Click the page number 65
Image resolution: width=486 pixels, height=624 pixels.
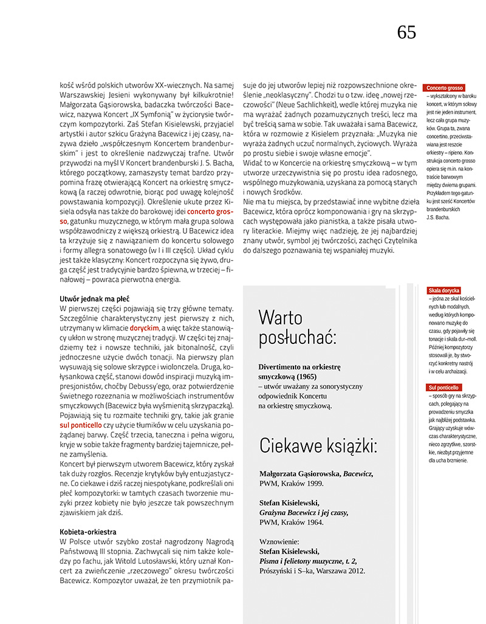pos(406,32)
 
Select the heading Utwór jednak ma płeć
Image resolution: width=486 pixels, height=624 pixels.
pos(94,298)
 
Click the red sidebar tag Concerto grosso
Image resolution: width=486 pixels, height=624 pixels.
pos(445,88)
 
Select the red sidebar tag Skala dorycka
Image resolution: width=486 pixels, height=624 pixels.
pos(444,290)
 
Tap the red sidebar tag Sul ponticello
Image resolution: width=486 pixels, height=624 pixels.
pos(444,387)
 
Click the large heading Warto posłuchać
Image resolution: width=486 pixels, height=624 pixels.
pos(297,327)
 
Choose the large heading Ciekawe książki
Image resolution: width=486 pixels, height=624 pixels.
pos(318,446)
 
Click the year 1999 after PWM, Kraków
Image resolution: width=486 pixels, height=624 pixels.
pos(313,484)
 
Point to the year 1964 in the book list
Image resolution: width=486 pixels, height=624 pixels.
pos(313,522)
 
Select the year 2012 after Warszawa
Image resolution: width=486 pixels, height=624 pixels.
pos(354,572)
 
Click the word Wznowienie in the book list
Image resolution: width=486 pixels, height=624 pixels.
pos(279,541)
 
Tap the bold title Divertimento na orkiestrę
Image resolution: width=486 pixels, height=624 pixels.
pos(299,368)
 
